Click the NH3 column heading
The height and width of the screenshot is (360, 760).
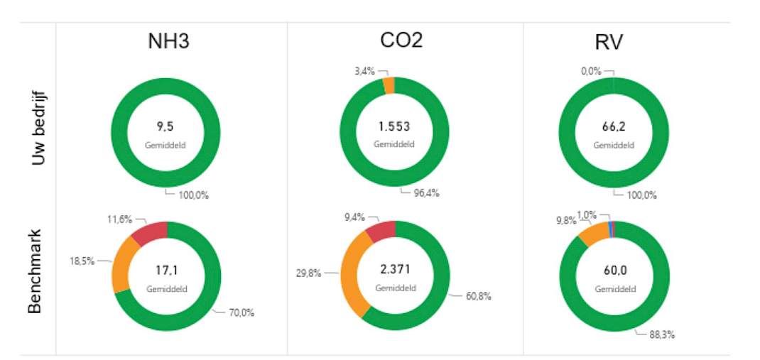168,42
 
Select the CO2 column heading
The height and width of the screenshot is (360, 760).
401,40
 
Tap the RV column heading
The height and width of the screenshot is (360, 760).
609,43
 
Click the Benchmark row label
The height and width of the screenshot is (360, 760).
36,272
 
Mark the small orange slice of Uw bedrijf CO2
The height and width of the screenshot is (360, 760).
389,84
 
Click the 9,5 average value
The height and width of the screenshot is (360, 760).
165,127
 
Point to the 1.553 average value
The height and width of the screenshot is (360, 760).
394,127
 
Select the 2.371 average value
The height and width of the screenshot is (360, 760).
396,271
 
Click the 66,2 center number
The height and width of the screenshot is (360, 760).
614,127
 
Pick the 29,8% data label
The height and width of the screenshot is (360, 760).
308,273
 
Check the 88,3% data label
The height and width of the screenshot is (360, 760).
662,334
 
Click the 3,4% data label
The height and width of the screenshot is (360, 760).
365,72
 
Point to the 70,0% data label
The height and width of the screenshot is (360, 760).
241,313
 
